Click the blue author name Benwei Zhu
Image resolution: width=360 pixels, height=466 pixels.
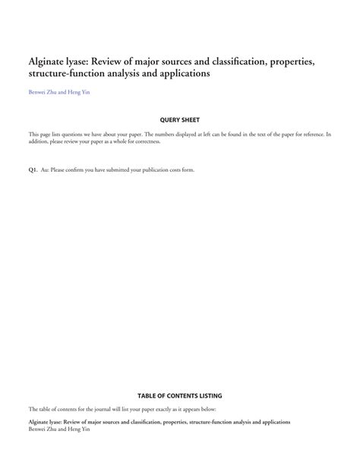(x=43, y=94)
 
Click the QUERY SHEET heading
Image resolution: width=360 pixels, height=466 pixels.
(x=179, y=120)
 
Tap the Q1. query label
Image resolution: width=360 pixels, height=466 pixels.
(x=33, y=170)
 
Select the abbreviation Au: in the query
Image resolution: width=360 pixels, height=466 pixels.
(x=45, y=170)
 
